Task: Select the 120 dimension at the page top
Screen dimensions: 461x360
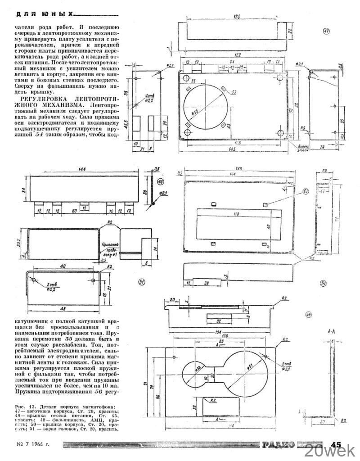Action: point(237,17)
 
